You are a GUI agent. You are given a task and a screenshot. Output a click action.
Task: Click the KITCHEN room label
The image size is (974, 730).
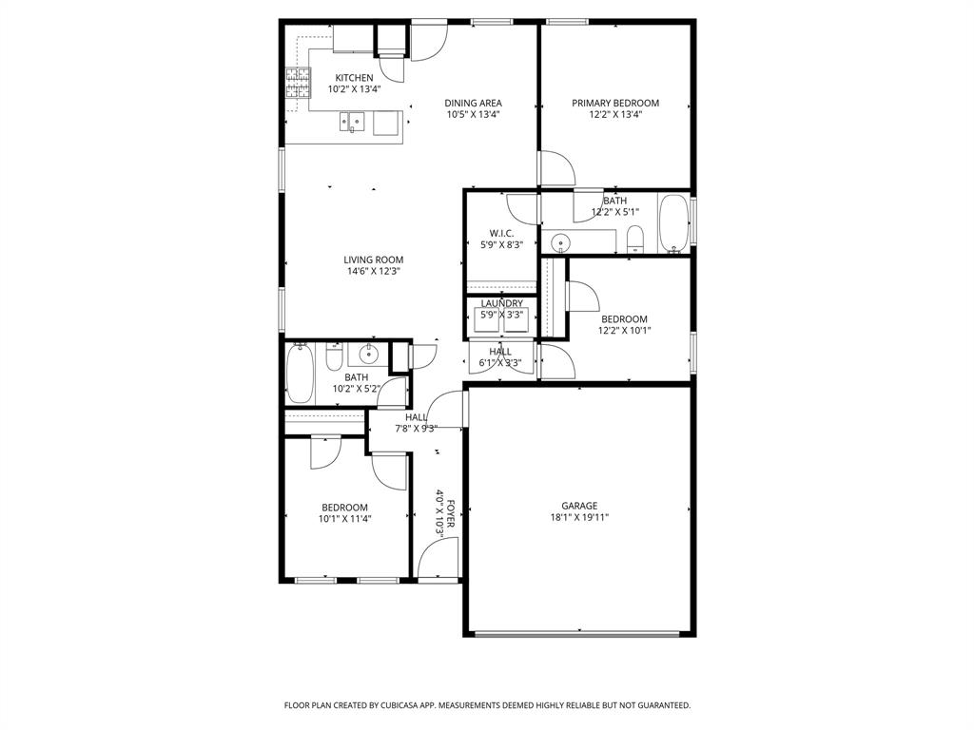pyautogui.click(x=354, y=78)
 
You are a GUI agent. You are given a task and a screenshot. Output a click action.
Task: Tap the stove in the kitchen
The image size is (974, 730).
pyautogui.click(x=298, y=85)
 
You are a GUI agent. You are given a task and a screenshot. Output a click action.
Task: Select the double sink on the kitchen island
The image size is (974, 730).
pyautogui.click(x=353, y=121)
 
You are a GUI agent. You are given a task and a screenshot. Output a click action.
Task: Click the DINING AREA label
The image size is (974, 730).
pyautogui.click(x=473, y=103)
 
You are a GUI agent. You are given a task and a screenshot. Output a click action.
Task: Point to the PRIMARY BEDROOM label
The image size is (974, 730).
pyautogui.click(x=614, y=103)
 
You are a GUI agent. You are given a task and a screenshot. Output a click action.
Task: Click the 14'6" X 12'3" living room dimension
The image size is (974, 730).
pyautogui.click(x=374, y=271)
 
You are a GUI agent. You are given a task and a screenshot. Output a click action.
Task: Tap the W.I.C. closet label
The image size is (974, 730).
pyautogui.click(x=501, y=233)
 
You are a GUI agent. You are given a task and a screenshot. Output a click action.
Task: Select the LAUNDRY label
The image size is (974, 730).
pyautogui.click(x=501, y=303)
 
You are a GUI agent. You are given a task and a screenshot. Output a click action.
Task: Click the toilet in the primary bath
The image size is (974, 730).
pyautogui.click(x=635, y=240)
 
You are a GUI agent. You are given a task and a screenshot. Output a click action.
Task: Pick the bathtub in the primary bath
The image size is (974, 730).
pyautogui.click(x=674, y=224)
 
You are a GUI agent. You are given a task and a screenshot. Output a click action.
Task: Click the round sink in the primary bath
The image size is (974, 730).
pyautogui.click(x=560, y=242)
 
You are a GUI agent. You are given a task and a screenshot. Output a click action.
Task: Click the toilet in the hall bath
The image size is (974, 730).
pyautogui.click(x=334, y=358)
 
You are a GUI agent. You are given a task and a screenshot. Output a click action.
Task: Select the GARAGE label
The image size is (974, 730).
pyautogui.click(x=578, y=506)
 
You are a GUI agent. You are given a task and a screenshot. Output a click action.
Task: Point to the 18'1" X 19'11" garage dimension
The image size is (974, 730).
pyautogui.click(x=578, y=518)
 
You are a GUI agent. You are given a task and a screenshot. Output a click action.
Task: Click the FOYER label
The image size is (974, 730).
pyautogui.click(x=450, y=514)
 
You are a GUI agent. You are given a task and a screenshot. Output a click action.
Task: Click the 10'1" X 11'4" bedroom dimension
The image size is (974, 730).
pyautogui.click(x=343, y=519)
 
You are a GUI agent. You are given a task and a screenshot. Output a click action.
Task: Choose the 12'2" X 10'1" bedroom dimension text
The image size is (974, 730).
pyautogui.click(x=624, y=331)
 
